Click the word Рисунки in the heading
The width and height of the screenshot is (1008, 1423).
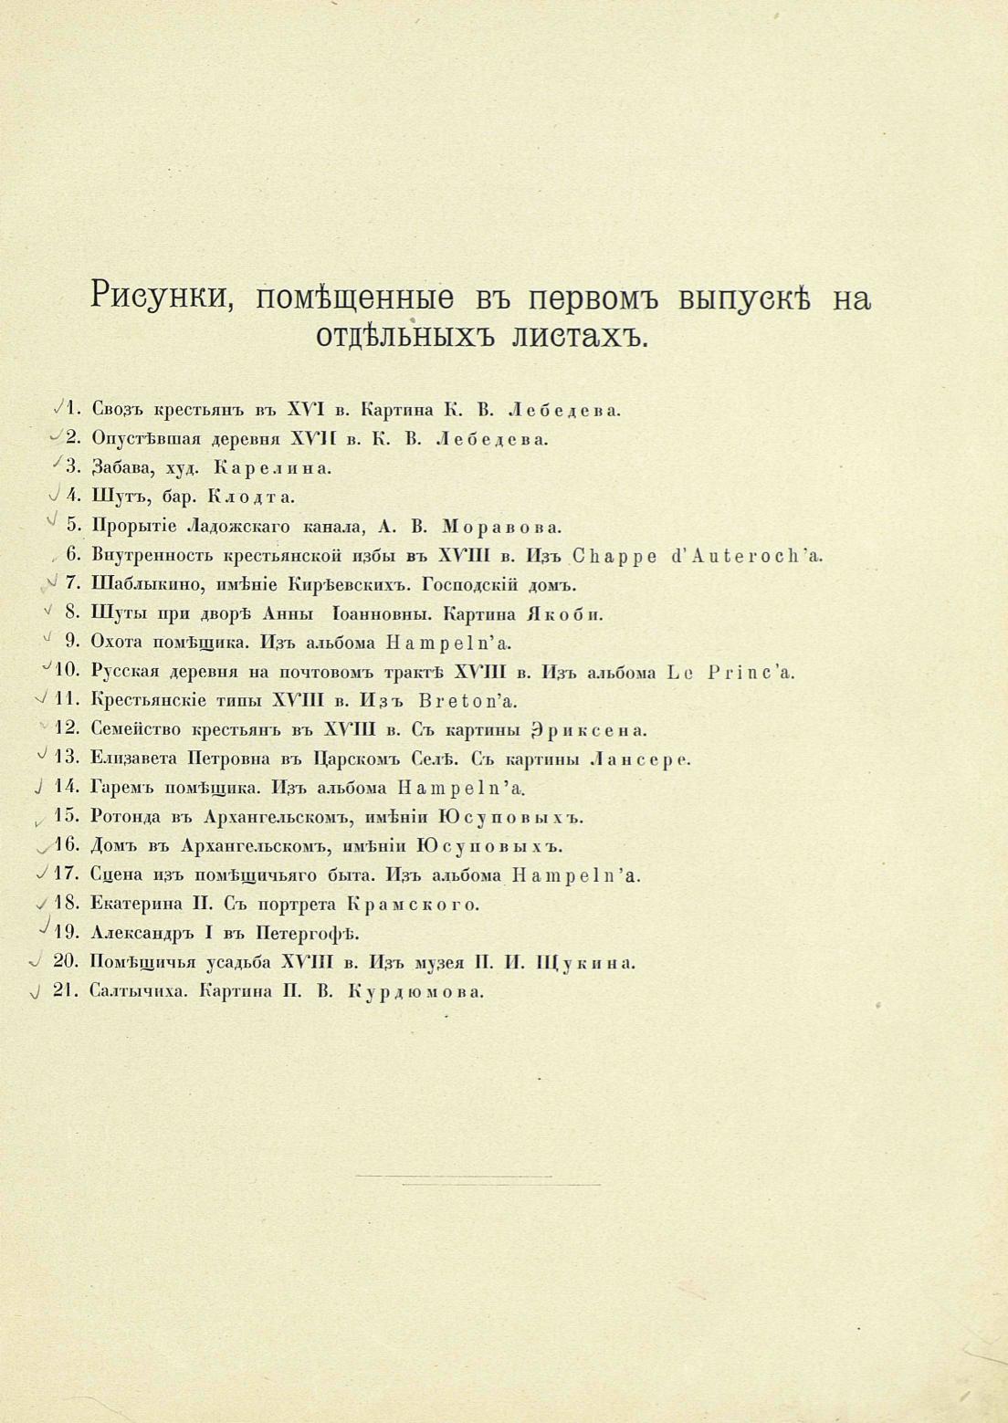tap(162, 298)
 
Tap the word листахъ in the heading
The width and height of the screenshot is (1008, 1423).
tap(580, 336)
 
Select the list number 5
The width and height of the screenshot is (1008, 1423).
tap(73, 527)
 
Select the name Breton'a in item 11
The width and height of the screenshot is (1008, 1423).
tap(466, 701)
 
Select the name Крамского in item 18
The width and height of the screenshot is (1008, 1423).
tap(414, 905)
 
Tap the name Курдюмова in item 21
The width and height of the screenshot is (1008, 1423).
tap(416, 993)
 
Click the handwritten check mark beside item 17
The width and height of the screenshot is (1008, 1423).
tap(42, 874)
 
